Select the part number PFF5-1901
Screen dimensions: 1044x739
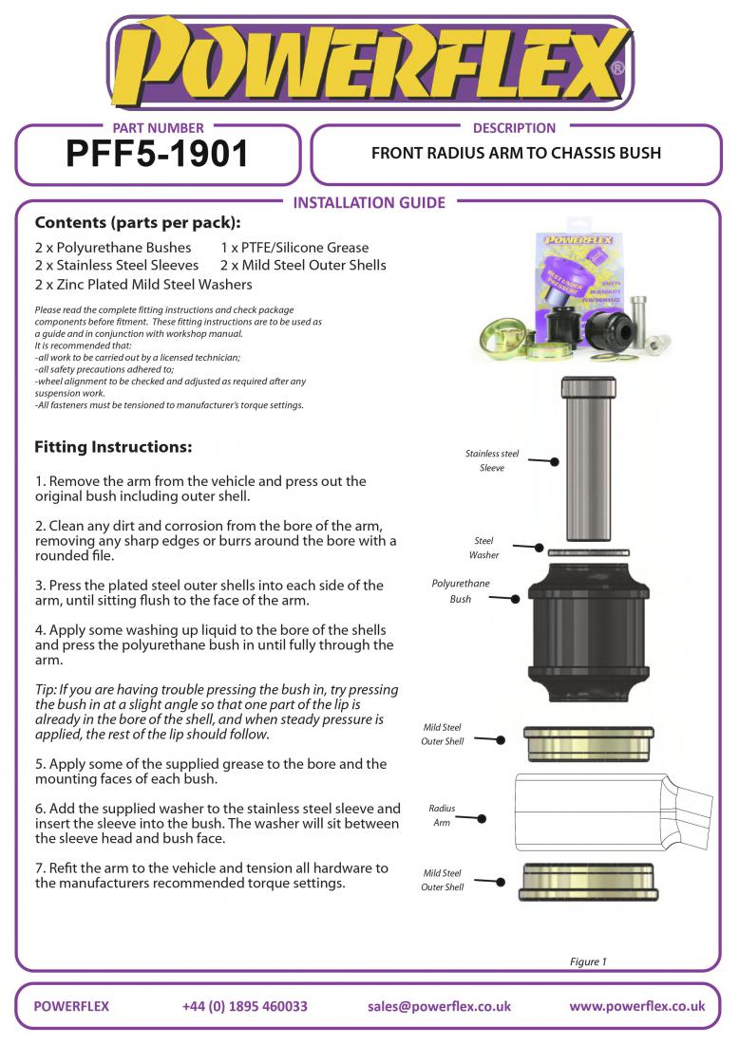tap(158, 153)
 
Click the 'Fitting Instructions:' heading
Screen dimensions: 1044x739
tap(113, 446)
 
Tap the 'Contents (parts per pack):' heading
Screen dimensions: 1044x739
tap(137, 224)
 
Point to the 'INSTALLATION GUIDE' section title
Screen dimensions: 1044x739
tap(369, 202)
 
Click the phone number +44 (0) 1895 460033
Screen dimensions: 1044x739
tap(244, 1006)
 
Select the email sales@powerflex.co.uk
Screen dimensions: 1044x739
tap(439, 1006)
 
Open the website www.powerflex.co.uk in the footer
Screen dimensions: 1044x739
tap(636, 1006)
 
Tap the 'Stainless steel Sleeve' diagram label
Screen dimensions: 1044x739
tap(492, 461)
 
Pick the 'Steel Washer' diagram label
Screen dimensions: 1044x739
tap(483, 549)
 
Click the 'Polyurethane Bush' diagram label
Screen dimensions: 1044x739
tap(461, 591)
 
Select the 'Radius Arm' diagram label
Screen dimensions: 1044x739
tap(442, 815)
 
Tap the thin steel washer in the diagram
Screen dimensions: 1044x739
tap(589, 551)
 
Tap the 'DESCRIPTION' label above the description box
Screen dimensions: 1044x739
tap(514, 127)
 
